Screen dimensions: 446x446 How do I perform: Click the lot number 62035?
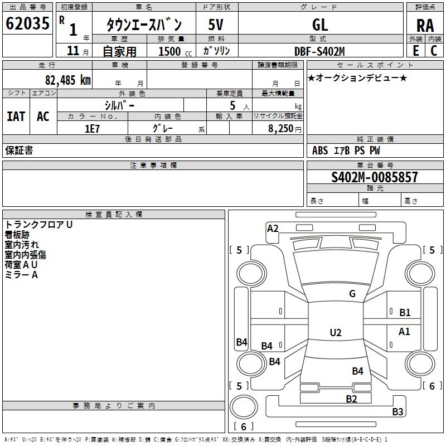point(27,23)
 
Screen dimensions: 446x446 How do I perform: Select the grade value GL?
point(320,25)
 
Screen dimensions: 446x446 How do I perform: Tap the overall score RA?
point(425,26)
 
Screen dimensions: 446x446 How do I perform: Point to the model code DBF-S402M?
point(319,51)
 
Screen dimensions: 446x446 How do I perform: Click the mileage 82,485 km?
point(67,80)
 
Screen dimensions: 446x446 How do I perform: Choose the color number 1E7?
point(92,129)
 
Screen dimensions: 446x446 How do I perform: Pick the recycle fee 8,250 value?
point(280,129)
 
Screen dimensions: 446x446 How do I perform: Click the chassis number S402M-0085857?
point(374,177)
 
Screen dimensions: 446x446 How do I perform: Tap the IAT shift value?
point(16,117)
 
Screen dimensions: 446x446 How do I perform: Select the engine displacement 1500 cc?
point(175,51)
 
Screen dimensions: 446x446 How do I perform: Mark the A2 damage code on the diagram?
point(273,229)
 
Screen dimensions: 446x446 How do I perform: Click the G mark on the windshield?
point(352,294)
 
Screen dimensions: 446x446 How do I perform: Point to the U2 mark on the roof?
point(336,332)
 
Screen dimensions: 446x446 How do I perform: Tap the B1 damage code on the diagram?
point(405,313)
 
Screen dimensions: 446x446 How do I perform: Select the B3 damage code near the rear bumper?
point(397,411)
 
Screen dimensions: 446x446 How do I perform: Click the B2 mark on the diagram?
point(351,399)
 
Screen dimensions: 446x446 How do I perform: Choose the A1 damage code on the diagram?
point(404,331)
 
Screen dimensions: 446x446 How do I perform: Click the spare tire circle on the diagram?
point(244,407)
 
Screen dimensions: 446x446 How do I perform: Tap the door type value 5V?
point(216,25)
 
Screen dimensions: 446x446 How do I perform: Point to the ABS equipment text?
point(320,151)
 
